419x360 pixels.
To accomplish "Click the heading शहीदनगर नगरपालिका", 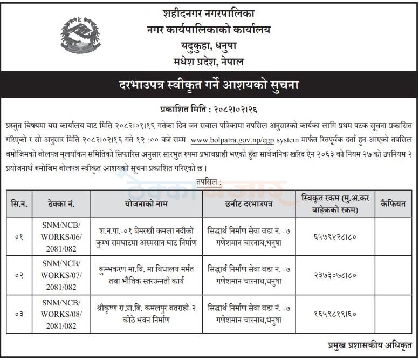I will [x=209, y=13].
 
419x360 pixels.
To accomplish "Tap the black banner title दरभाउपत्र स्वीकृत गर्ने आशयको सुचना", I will [x=209, y=85].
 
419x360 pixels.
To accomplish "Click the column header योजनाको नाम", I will [x=146, y=203].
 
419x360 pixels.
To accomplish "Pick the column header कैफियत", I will [x=393, y=203].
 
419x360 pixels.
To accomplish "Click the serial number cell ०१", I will [x=20, y=236].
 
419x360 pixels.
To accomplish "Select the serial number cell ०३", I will [x=20, y=313].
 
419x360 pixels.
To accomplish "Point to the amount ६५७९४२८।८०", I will [x=334, y=236].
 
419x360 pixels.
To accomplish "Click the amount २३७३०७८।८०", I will [x=334, y=275].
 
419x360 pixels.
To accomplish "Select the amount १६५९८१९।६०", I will [x=334, y=313].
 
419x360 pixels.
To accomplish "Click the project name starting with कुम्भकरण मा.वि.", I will [x=146, y=275].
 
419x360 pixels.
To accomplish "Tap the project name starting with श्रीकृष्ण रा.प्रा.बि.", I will [x=146, y=313].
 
